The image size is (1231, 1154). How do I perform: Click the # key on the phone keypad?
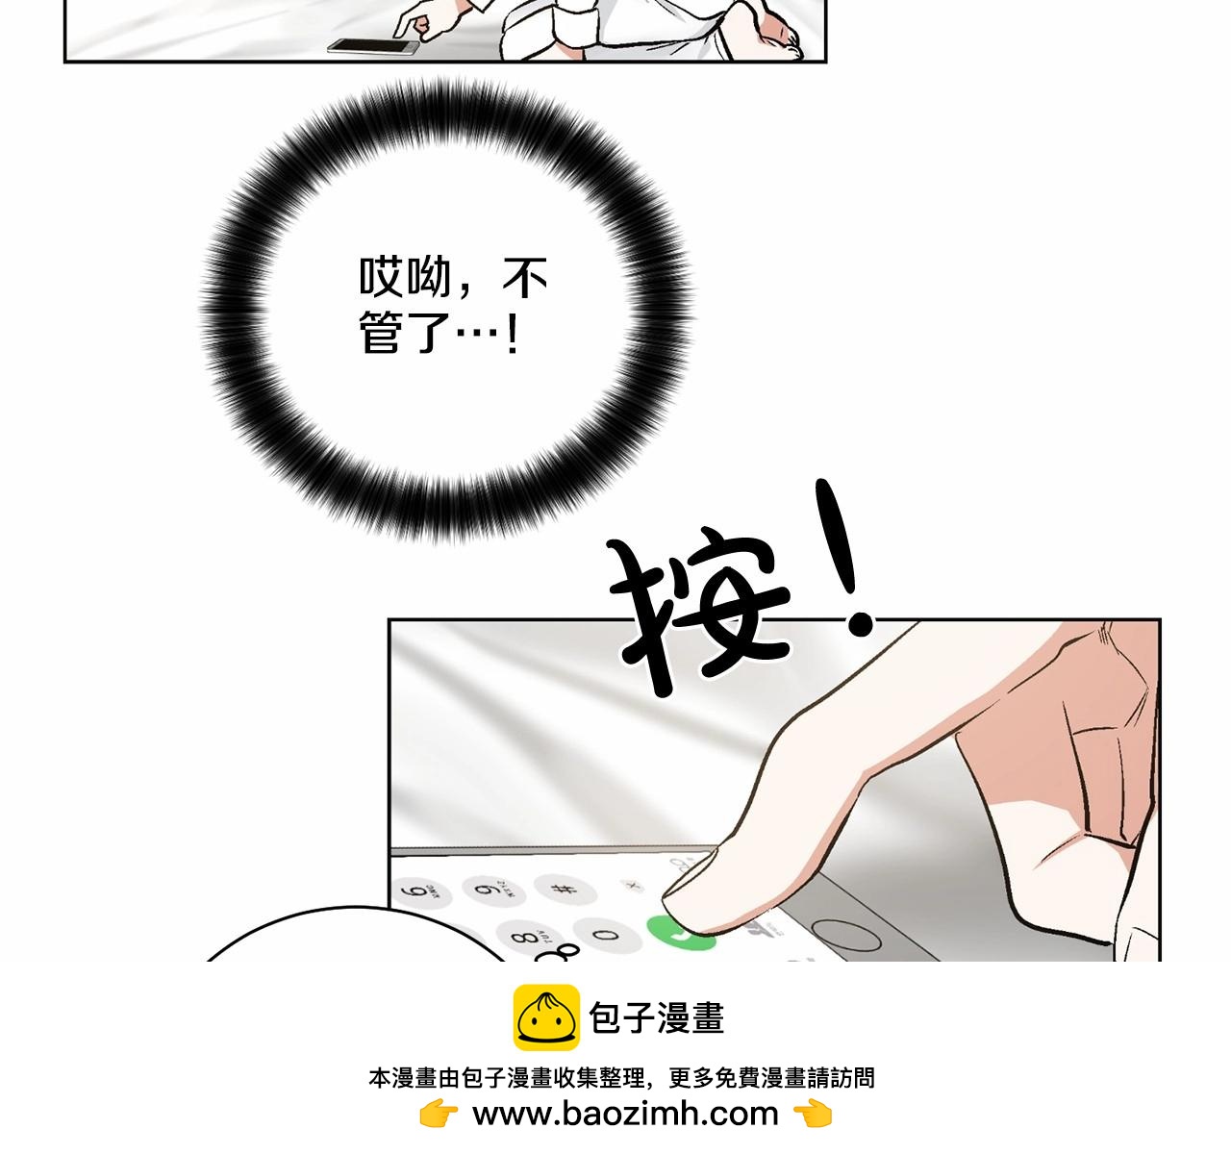565,889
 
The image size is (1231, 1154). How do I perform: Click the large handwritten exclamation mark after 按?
843,558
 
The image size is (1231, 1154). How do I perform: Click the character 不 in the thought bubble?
524,277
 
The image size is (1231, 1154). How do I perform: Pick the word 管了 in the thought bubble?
404,333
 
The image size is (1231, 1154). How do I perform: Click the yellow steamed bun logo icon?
546,1017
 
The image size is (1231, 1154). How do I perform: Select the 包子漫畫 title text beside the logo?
657,1018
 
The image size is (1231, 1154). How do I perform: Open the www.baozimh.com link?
625,1113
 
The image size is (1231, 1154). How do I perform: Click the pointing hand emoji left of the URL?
439,1113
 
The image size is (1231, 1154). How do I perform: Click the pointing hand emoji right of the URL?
813,1113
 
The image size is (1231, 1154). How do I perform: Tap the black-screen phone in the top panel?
373,46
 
